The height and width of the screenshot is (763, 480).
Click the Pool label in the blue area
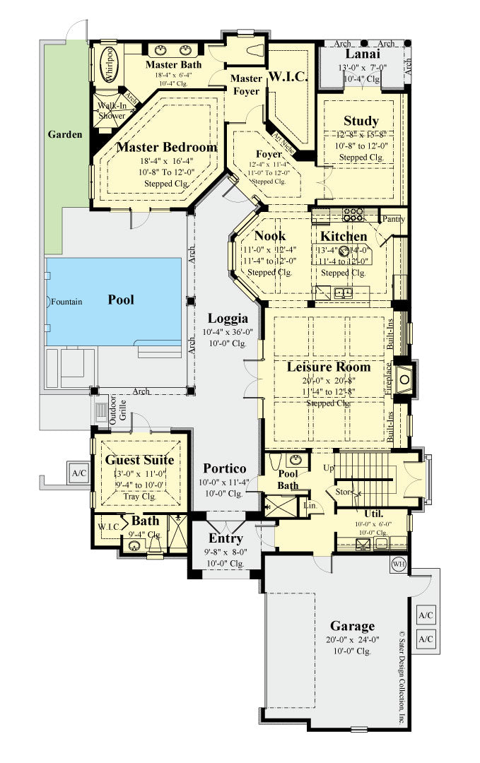click(x=121, y=300)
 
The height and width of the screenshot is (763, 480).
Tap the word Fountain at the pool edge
click(x=66, y=302)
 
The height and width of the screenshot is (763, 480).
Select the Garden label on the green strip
click(x=64, y=134)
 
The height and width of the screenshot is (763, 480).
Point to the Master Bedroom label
click(x=166, y=148)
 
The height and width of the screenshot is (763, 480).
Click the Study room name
click(x=361, y=121)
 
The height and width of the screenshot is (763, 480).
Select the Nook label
click(x=269, y=236)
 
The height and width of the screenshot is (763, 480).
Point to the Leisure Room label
click(x=328, y=367)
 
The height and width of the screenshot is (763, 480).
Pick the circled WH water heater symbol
click(x=398, y=564)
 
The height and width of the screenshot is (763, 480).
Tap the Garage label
click(x=352, y=626)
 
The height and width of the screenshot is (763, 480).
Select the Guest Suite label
click(x=139, y=460)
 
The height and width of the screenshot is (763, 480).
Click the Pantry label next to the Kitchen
click(x=394, y=220)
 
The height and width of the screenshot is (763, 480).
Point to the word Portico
click(x=225, y=468)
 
